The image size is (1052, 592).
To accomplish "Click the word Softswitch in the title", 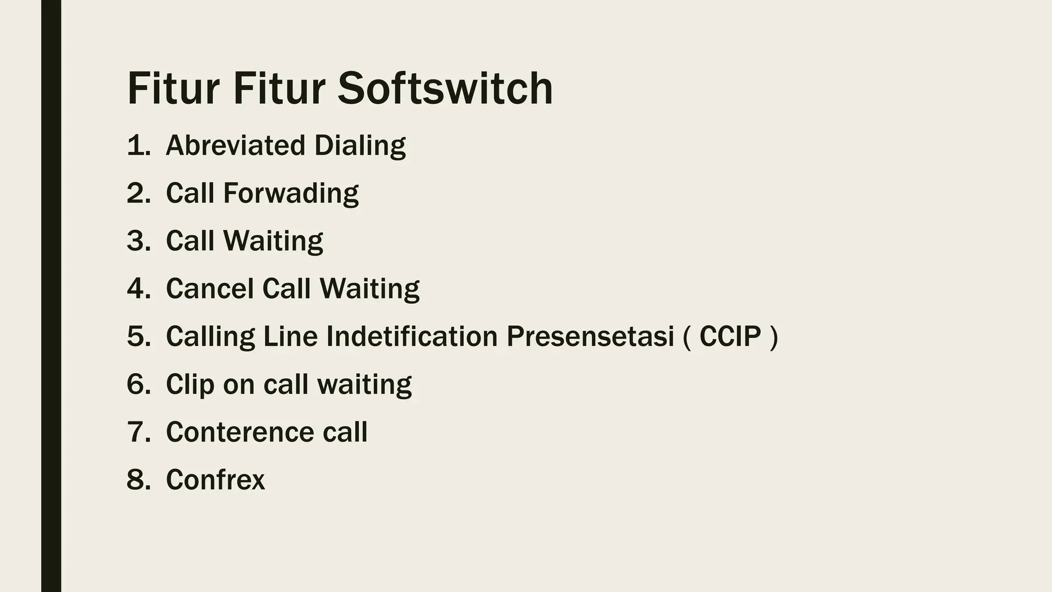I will (445, 88).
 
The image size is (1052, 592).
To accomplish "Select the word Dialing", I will (360, 145).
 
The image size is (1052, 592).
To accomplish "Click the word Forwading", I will (291, 193).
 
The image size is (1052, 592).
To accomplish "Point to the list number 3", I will (136, 240).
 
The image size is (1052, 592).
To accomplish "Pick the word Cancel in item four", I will (210, 288).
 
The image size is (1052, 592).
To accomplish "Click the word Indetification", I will (412, 336).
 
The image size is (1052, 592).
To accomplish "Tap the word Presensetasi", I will (590, 336).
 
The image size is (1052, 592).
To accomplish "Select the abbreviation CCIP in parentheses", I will (730, 336).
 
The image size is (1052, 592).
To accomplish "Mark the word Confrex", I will (215, 479).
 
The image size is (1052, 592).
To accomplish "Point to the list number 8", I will (136, 479).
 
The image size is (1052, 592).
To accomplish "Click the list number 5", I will (136, 336).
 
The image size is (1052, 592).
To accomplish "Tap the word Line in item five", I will (290, 336).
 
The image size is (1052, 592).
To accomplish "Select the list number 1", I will (136, 145).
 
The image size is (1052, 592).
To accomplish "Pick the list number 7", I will (136, 432).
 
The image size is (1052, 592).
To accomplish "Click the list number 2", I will (136, 193).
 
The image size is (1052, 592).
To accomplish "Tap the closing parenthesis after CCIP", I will (774, 337).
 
